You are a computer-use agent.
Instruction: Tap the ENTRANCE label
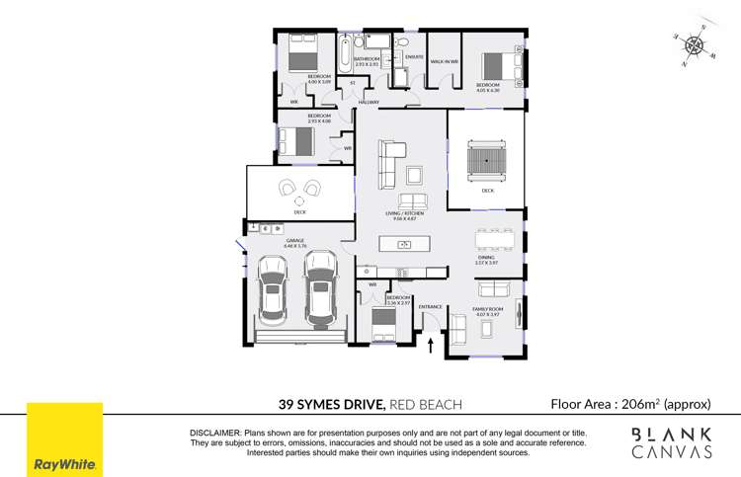pyautogui.click(x=431, y=307)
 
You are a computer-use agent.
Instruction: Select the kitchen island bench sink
pyautogui.click(x=404, y=272)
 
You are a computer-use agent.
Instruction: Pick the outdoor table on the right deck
pyautogui.click(x=486, y=159)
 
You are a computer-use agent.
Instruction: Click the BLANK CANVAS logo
pyautogui.click(x=672, y=442)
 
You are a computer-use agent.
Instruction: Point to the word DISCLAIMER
pyautogui.click(x=214, y=434)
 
